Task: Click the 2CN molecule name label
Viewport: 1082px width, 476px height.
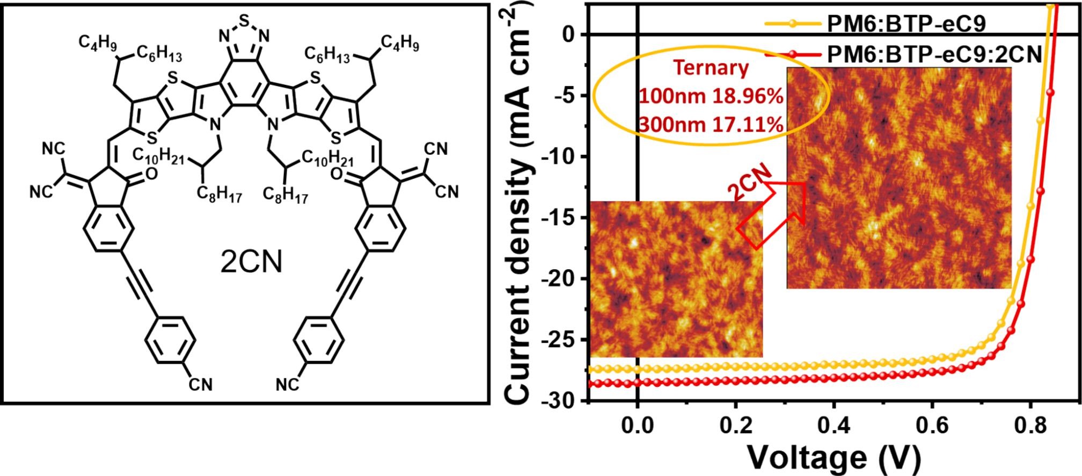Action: (252, 263)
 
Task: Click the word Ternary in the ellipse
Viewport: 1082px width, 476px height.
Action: (711, 68)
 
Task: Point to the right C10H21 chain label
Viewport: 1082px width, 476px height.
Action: (327, 157)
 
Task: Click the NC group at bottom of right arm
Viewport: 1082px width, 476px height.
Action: (288, 385)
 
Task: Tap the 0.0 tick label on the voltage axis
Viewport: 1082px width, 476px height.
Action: (637, 428)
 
